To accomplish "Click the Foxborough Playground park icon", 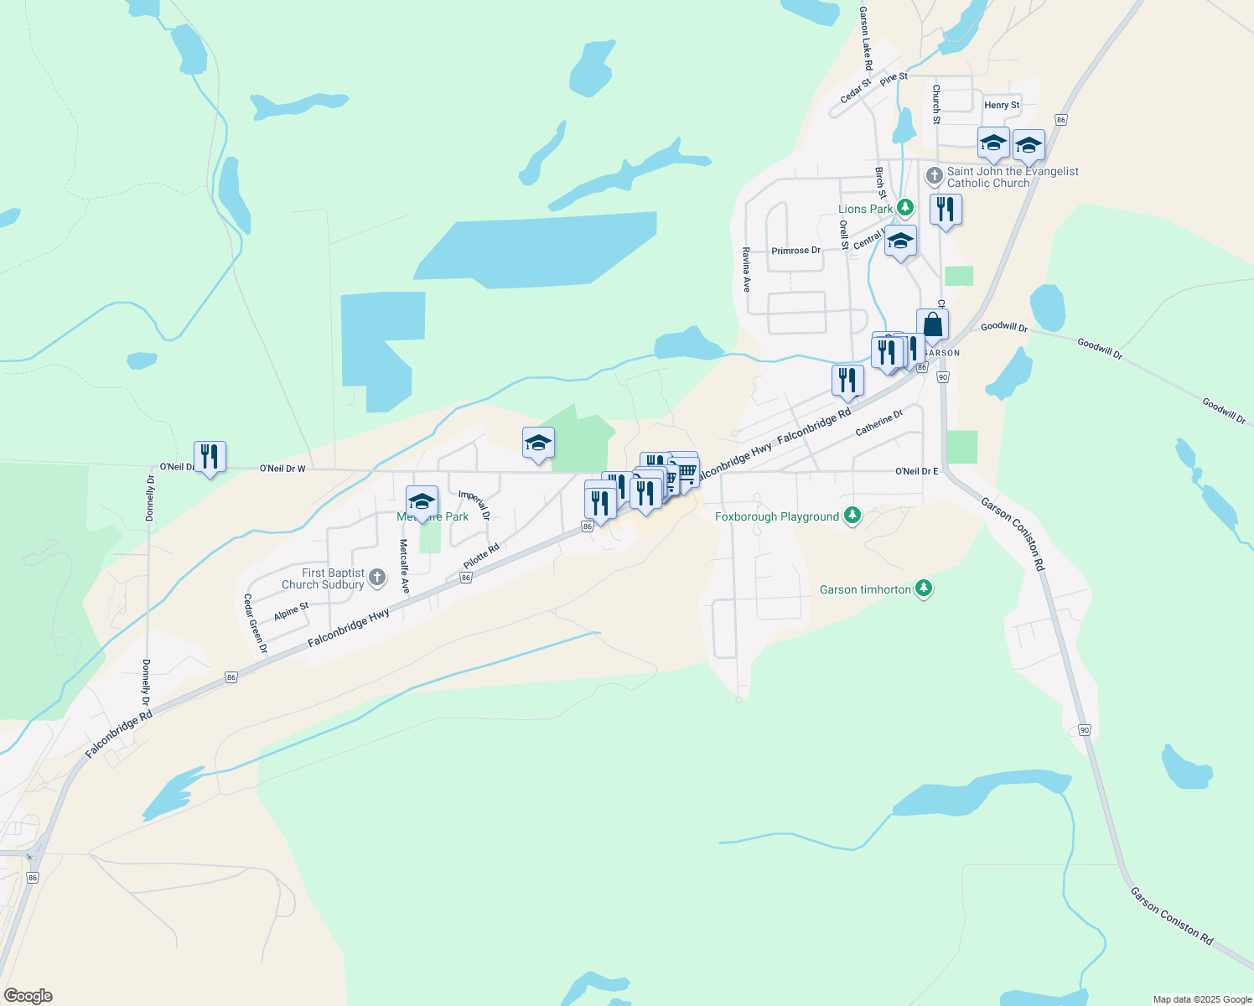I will [x=852, y=515].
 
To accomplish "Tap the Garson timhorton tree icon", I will [x=924, y=589].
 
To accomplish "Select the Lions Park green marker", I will [x=904, y=207].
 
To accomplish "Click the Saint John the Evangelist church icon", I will [x=934, y=176].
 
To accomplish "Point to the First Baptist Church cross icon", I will [x=377, y=577].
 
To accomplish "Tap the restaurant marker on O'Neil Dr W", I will [x=210, y=457].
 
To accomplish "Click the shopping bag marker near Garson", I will [x=932, y=325].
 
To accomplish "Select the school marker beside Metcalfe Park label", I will [x=422, y=502].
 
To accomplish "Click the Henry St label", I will [x=1002, y=105].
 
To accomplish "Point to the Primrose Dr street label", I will [x=795, y=251].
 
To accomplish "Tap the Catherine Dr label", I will [x=878, y=423].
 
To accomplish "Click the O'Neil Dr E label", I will [x=916, y=471].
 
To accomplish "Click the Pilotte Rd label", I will [x=481, y=556].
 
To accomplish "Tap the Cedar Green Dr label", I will [x=255, y=624].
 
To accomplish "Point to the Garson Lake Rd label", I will [x=866, y=39].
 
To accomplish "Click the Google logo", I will [x=28, y=996].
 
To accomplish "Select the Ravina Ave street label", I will [x=746, y=269].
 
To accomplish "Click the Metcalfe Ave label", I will [x=404, y=567].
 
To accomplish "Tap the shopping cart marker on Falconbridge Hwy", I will [x=687, y=474].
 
